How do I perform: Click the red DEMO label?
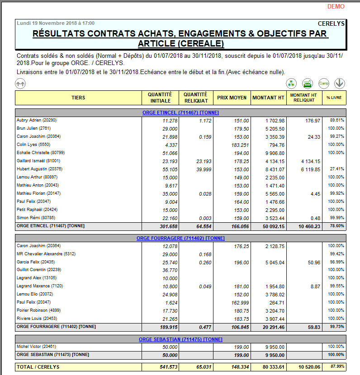(x=336, y=6)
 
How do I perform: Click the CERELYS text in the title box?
(x=331, y=23)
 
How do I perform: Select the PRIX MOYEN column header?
(x=232, y=98)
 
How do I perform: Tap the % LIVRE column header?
(x=334, y=98)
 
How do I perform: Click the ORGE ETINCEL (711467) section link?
(x=180, y=112)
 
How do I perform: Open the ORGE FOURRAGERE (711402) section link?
(x=180, y=238)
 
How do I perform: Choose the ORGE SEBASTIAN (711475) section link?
(x=180, y=339)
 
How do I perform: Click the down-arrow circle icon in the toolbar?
(x=340, y=83)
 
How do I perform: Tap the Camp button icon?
(x=323, y=83)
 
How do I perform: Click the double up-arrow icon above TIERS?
(x=20, y=83)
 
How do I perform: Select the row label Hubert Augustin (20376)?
(x=39, y=169)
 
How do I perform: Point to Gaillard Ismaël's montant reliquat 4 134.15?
(x=309, y=161)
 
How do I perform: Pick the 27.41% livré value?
(x=336, y=169)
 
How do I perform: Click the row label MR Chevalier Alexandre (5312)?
(x=46, y=254)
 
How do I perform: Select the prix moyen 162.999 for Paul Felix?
(x=240, y=303)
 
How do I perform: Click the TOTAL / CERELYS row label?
(x=38, y=367)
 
